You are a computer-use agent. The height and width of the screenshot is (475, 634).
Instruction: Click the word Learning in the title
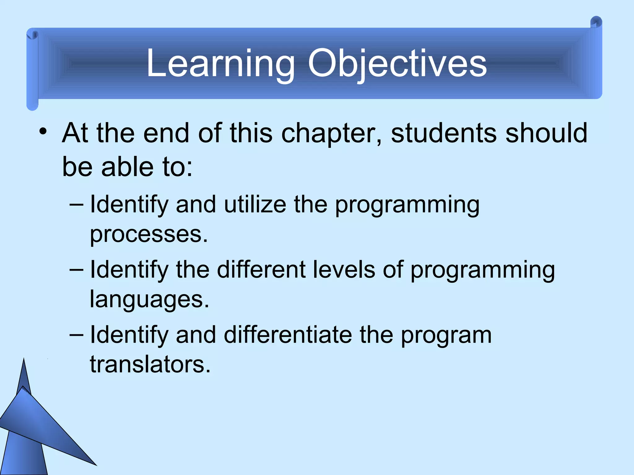click(220, 64)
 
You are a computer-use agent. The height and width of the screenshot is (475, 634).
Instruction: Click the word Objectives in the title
click(397, 64)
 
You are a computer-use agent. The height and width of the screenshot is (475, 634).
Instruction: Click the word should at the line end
click(546, 133)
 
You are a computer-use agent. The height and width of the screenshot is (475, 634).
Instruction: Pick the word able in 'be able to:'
click(127, 167)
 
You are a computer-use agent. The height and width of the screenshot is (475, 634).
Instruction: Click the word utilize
click(255, 205)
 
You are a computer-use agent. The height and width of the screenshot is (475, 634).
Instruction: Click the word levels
click(344, 270)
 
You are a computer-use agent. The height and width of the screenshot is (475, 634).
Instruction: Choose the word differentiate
click(288, 335)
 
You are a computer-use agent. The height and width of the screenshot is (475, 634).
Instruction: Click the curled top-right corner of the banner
click(596, 23)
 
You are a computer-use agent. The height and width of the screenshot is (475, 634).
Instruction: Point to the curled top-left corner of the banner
click(33, 35)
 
